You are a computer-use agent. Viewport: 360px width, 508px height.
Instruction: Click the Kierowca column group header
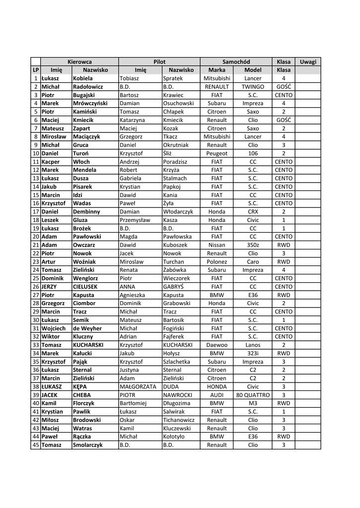pos(79,62)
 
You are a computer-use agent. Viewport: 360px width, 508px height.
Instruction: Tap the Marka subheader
pos(217,70)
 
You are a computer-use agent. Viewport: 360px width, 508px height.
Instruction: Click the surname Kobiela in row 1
pos(82,78)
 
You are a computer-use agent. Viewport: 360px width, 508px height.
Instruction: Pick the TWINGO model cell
pos(253,86)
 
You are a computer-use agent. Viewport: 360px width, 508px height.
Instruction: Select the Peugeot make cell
pos(217,153)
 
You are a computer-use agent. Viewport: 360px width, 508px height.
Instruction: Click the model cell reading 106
pos(253,153)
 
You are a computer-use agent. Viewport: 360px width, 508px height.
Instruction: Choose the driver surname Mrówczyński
pos(90,103)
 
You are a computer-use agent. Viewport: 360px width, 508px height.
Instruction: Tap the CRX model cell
pos(253,211)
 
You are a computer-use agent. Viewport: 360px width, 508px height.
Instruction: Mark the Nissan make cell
pos(217,245)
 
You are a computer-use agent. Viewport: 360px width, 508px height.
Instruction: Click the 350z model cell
pos(253,245)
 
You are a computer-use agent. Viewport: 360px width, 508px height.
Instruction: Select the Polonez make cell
pos(217,261)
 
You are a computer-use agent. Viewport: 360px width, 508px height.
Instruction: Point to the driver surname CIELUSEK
pos(85,286)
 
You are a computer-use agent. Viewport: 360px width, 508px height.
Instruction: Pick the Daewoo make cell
pos(217,345)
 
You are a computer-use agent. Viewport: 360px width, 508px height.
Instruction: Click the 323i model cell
pos(253,353)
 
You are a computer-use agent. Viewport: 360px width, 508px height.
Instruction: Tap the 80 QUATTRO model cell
pos(253,395)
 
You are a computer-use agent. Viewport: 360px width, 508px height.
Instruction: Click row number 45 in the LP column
pos(35,445)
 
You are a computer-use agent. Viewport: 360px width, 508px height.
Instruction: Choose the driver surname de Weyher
pos(87,328)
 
